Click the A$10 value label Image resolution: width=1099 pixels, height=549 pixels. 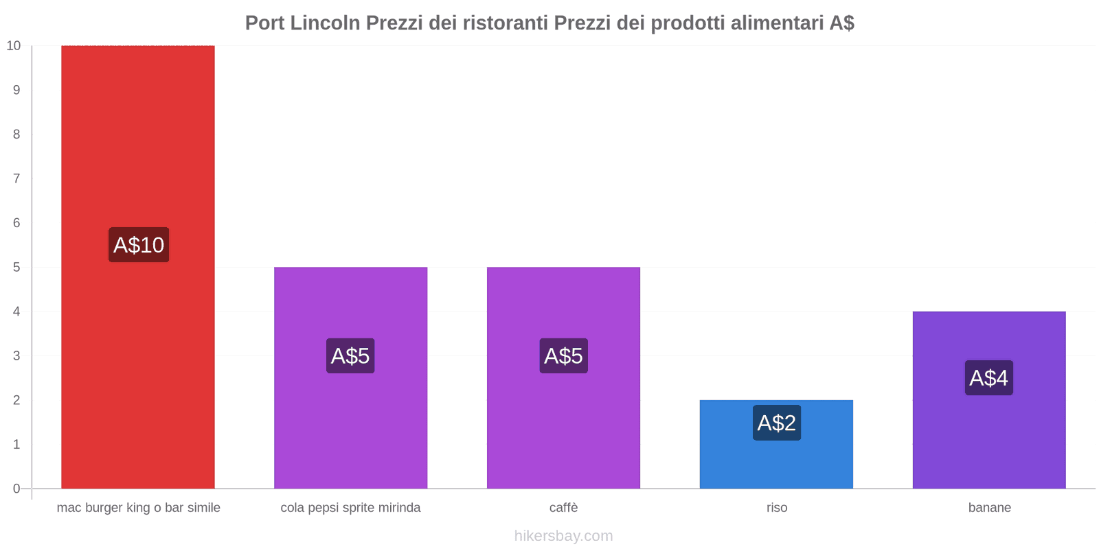click(x=139, y=245)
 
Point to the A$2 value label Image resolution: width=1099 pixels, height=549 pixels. click(x=776, y=423)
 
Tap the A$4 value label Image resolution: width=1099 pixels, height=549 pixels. click(x=988, y=378)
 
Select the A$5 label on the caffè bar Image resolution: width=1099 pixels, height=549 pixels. click(x=563, y=356)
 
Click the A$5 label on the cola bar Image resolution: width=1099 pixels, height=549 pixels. click(x=350, y=356)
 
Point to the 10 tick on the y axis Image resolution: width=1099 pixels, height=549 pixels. click(x=14, y=46)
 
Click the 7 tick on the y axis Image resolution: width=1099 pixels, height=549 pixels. click(x=16, y=179)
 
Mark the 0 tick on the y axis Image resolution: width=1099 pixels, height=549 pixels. click(x=16, y=489)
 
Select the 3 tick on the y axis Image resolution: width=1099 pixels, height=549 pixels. click(x=16, y=356)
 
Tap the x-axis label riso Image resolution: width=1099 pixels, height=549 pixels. click(x=777, y=508)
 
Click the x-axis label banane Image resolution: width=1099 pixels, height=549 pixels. click(x=989, y=508)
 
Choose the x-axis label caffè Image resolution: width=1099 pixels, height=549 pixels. click(x=563, y=508)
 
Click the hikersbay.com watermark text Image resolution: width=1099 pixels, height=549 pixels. click(x=563, y=536)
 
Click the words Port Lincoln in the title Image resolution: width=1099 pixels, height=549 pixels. click(x=302, y=23)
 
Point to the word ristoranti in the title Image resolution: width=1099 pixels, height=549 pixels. click(x=505, y=23)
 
